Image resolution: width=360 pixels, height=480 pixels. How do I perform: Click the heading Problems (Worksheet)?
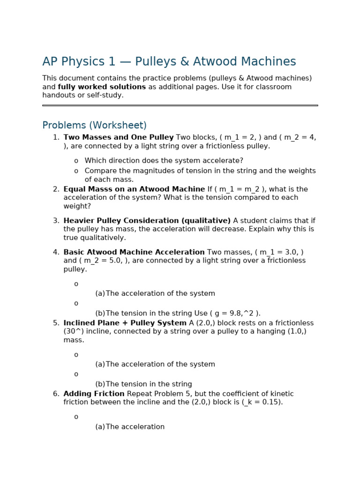(x=94, y=126)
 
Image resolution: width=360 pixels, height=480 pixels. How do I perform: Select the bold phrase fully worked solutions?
(x=102, y=87)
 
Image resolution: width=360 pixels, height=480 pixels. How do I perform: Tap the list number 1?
(x=56, y=137)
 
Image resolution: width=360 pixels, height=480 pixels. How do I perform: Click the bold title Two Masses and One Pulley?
(x=118, y=137)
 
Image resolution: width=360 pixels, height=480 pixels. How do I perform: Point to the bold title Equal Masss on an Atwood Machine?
(x=134, y=189)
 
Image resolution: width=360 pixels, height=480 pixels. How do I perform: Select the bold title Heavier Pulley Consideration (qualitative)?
(x=147, y=221)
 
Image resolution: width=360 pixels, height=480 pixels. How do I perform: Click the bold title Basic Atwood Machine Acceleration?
(x=134, y=252)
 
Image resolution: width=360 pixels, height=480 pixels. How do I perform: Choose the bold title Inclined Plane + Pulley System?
(x=125, y=323)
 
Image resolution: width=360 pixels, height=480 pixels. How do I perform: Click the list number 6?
(x=56, y=394)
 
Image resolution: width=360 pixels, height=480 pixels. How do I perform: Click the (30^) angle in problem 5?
(x=74, y=331)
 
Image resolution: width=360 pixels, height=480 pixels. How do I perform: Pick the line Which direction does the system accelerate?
(x=164, y=161)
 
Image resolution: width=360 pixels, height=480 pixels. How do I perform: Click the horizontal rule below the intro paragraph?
(x=180, y=105)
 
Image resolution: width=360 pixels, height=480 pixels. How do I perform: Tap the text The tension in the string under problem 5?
(x=149, y=384)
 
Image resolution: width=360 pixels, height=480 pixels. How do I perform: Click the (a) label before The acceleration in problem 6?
(x=100, y=427)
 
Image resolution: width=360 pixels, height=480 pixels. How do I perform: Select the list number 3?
(x=56, y=221)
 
